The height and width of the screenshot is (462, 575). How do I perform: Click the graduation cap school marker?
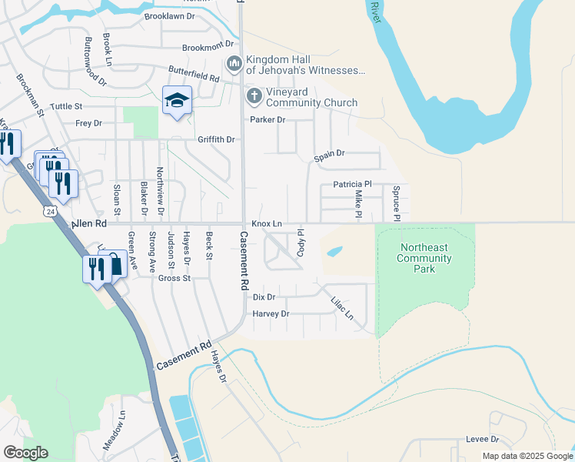[x=177, y=101]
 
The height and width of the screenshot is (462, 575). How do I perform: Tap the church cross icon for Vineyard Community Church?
[x=254, y=95]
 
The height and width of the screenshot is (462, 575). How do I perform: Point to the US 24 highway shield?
[x=51, y=211]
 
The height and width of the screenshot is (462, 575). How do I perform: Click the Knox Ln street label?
[x=267, y=223]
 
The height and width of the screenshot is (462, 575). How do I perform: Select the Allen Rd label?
[x=88, y=223]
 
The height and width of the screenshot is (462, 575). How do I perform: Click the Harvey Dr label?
[x=271, y=314]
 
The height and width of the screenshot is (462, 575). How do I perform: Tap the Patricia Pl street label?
[x=352, y=185]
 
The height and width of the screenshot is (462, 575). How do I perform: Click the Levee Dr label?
[x=482, y=439]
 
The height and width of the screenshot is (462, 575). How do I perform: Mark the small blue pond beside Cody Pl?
[x=334, y=251]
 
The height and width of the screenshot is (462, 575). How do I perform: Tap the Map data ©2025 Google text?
[x=527, y=456]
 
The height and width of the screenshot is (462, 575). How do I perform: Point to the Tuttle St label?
[x=66, y=106]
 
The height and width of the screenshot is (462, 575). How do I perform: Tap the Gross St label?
[x=174, y=278]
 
